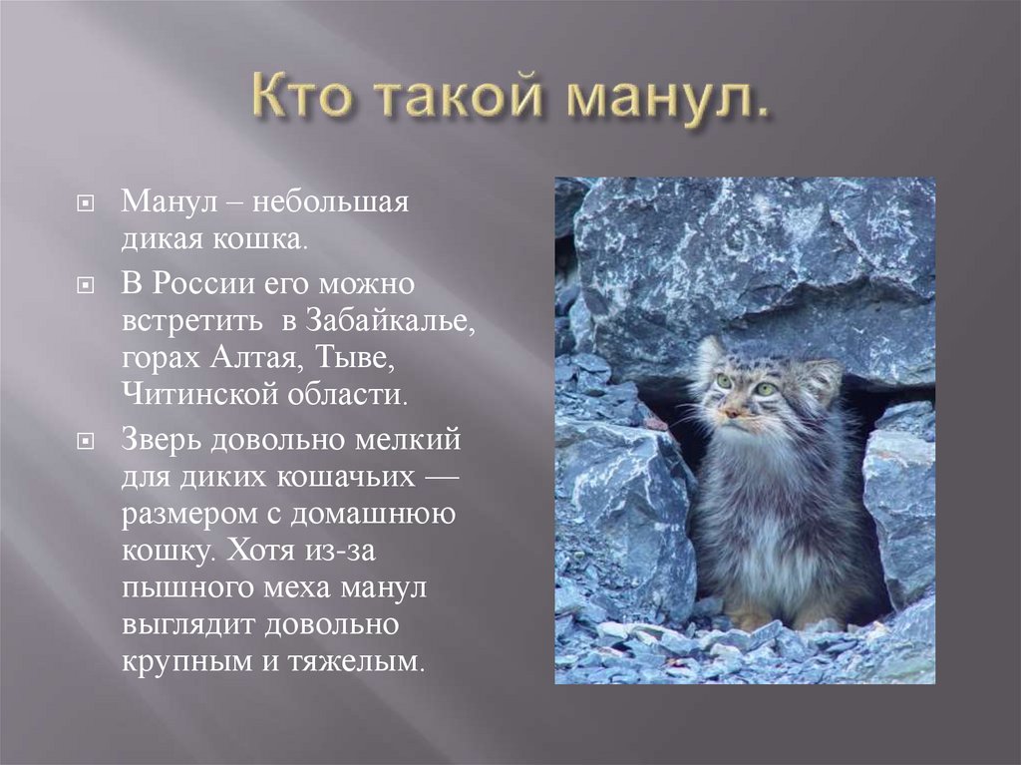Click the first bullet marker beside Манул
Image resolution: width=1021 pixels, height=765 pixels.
[87, 203]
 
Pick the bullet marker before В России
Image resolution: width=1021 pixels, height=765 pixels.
[87, 286]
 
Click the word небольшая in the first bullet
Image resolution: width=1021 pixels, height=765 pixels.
[330, 201]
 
